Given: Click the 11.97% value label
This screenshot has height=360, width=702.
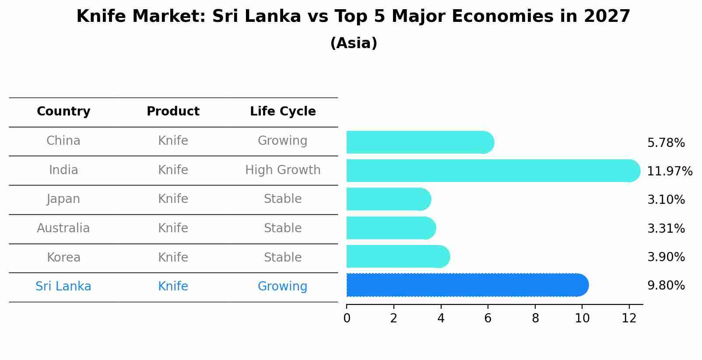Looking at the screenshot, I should (669, 171).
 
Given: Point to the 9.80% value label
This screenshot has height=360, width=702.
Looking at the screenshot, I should (666, 286).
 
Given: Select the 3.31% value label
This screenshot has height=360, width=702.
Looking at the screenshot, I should (666, 228).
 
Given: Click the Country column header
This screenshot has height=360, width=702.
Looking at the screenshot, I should (63, 112).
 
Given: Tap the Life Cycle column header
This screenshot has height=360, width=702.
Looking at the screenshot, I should (283, 112).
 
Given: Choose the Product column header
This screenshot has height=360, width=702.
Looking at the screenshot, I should (173, 112).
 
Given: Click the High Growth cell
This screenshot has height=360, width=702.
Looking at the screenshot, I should (283, 170).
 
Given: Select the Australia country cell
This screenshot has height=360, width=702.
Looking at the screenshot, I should (63, 228).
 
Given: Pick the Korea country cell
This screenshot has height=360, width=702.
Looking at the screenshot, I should (63, 257).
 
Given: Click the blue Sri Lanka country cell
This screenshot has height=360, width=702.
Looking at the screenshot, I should (63, 287).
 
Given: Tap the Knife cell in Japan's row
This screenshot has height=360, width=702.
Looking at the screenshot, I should (173, 199).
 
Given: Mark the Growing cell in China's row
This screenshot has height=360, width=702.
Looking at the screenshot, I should (282, 141).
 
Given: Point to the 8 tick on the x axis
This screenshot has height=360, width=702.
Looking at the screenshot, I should (535, 318).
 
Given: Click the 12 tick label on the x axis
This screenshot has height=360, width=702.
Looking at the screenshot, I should (629, 318).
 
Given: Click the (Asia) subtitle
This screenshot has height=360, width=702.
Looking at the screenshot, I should (354, 43).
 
